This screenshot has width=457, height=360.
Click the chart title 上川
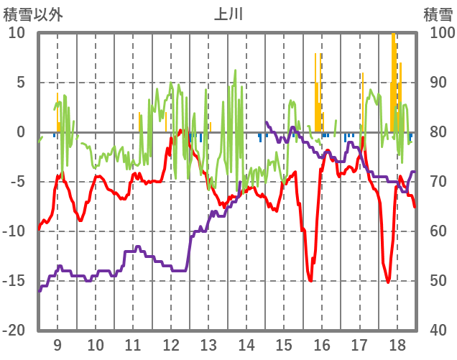228,14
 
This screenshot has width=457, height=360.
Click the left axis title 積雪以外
33,14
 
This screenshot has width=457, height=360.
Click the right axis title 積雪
438,14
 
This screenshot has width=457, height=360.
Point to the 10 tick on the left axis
17,33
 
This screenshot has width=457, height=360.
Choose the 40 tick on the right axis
440,331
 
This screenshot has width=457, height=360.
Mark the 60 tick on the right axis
440,231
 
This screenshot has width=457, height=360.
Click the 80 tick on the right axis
440,132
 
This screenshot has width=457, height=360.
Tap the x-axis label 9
57,343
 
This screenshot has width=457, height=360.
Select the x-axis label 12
171,343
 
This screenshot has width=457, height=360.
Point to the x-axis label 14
246,343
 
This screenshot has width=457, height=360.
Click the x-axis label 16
322,343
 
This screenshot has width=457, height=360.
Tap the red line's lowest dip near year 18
388,282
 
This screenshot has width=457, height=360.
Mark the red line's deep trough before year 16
310,280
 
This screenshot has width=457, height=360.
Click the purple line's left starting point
40,290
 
